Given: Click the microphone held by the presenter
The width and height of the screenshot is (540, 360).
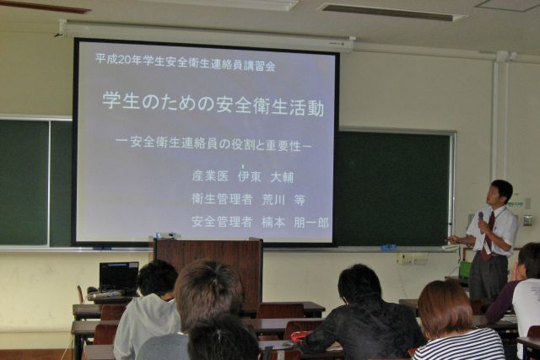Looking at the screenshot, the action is pyautogui.click(x=481, y=220).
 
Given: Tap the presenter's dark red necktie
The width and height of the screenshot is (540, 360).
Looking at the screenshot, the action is pyautogui.click(x=489, y=238).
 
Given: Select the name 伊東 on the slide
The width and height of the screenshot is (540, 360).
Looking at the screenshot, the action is pyautogui.click(x=250, y=176).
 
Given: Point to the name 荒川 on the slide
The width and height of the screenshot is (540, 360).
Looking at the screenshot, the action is pyautogui.click(x=273, y=200).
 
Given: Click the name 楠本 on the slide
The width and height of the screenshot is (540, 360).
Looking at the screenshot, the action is pyautogui.click(x=273, y=223).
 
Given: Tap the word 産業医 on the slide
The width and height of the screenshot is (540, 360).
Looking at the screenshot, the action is pyautogui.click(x=210, y=176).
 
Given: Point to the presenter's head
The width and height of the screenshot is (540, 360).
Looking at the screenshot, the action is pyautogui.click(x=501, y=193).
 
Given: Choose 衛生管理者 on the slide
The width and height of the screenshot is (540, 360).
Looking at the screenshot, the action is pyautogui.click(x=222, y=199).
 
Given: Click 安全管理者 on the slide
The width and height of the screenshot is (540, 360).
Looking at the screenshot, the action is pyautogui.click(x=222, y=222).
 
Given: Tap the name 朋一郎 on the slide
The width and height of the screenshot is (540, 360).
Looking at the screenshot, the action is pyautogui.click(x=311, y=223).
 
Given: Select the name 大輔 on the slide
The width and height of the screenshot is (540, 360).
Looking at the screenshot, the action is pyautogui.click(x=282, y=177).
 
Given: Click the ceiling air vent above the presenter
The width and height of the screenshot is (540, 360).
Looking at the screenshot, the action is pyautogui.click(x=392, y=13).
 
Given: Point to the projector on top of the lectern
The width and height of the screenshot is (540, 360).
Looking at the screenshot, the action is pyautogui.click(x=168, y=236).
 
